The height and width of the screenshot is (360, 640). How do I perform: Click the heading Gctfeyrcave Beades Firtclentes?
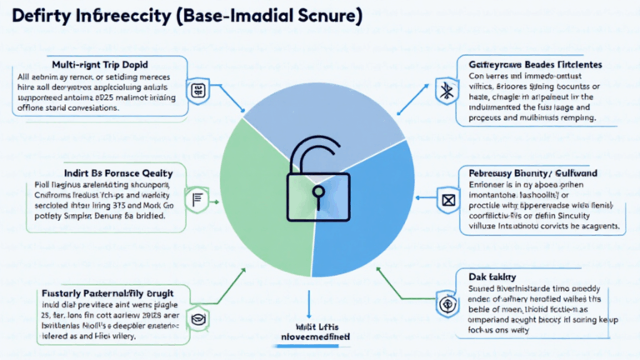pyautogui.click(x=531, y=64)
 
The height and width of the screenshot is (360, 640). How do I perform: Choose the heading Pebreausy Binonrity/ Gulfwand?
pyautogui.click(x=542, y=172)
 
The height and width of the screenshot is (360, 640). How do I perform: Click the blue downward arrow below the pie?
pyautogui.click(x=309, y=302)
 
